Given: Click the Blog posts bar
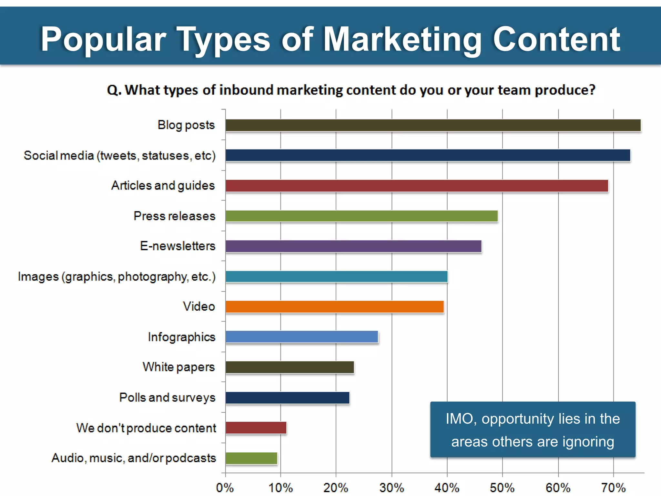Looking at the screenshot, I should click(x=432, y=125).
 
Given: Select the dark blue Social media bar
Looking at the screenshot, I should click(x=428, y=155).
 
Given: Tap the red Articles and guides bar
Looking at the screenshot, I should click(x=416, y=186).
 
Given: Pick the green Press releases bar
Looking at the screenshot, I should click(x=361, y=216).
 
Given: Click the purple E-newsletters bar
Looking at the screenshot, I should click(x=353, y=246).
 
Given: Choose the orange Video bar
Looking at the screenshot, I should click(x=334, y=307).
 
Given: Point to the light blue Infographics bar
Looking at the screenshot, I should click(x=302, y=337).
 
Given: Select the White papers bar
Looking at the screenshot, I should click(x=290, y=367).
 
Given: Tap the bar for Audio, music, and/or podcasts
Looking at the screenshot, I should click(x=251, y=458).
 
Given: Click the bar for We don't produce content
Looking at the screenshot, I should click(x=256, y=428).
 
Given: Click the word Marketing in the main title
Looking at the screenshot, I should click(x=402, y=39).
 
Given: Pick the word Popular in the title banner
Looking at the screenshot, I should click(x=103, y=39).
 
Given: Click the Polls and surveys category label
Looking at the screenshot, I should click(x=167, y=398).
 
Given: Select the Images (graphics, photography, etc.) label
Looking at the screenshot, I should click(x=117, y=277).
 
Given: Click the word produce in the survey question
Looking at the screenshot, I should click(x=565, y=90).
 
